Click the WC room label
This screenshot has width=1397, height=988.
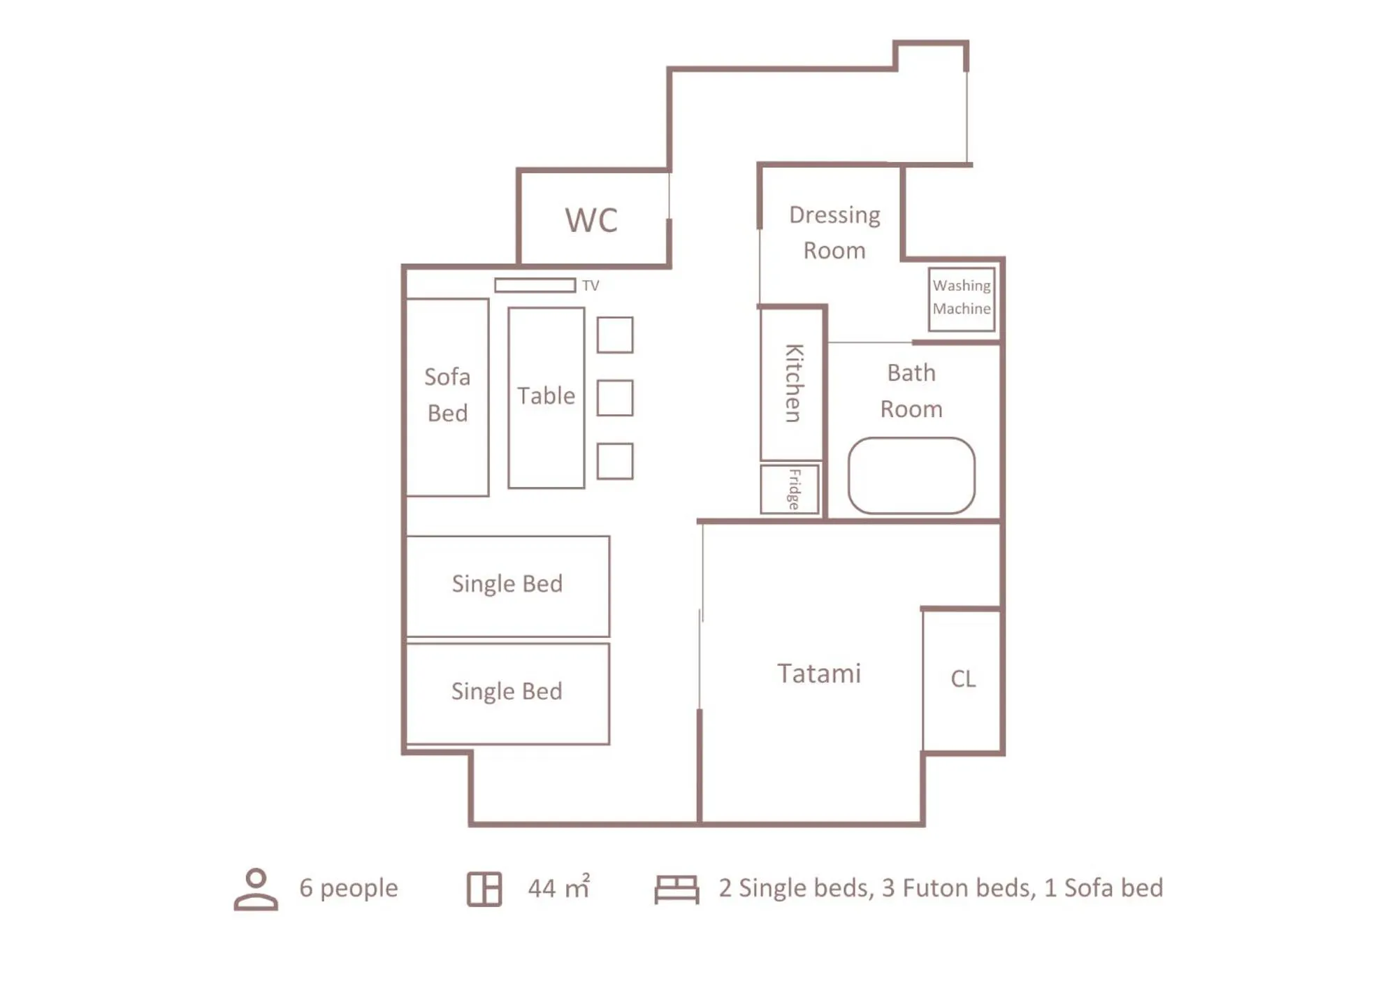(591, 220)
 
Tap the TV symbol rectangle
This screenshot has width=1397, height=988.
(535, 285)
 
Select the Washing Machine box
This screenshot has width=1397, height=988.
(962, 298)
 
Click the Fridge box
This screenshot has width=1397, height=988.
(790, 489)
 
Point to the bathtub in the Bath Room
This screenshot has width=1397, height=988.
(911, 476)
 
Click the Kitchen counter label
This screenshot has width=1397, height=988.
(792, 383)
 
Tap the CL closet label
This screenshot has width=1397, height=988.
(963, 678)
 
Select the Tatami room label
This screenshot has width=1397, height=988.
(818, 674)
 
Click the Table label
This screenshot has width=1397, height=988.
(546, 396)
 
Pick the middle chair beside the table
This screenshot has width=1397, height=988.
(615, 398)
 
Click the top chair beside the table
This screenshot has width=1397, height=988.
(615, 335)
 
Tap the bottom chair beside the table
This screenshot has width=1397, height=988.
(615, 461)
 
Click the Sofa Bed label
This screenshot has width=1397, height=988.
(447, 395)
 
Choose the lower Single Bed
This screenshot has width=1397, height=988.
(507, 692)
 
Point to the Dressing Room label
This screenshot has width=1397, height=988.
(834, 232)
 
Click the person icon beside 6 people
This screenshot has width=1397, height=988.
(256, 889)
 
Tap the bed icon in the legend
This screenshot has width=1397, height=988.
(676, 889)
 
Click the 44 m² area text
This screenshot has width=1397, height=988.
(558, 888)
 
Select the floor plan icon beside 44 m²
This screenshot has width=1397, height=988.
(484, 889)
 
